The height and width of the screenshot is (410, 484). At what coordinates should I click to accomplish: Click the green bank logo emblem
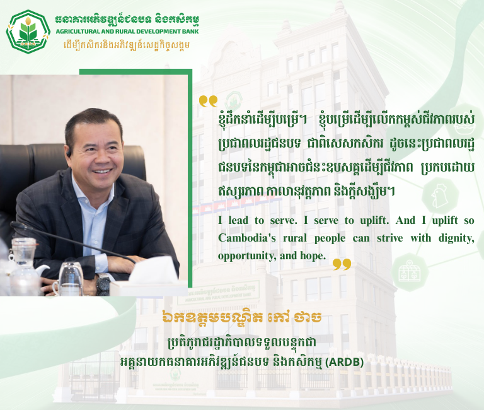pos(28,30)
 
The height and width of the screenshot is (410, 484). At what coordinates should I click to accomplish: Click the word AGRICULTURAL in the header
pos(81,31)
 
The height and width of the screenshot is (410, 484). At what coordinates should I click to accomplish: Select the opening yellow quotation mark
pos(207,101)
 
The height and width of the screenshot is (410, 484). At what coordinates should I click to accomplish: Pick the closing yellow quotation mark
pos(342,264)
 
